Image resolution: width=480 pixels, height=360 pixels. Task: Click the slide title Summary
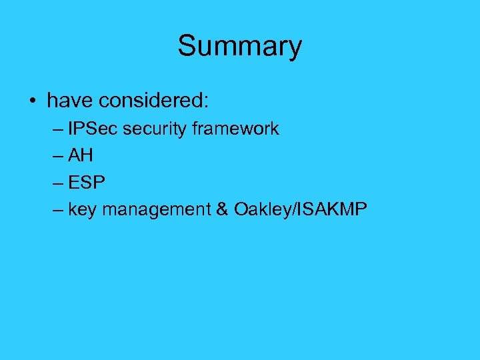239,47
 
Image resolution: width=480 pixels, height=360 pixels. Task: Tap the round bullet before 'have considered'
33,102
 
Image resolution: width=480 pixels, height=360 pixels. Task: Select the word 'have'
69,101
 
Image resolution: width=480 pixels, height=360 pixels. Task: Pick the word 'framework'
235,129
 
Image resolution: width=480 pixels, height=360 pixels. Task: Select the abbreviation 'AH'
81,156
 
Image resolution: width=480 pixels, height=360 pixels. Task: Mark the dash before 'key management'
57,210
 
